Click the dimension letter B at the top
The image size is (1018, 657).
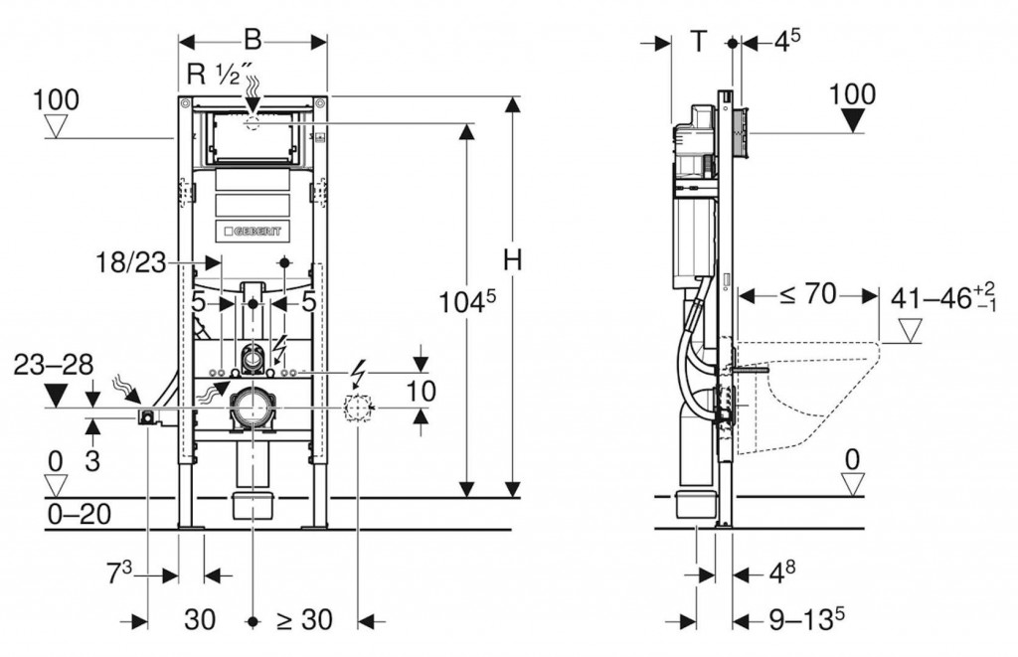click(x=254, y=40)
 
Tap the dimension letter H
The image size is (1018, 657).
click(x=512, y=261)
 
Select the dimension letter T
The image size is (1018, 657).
click(x=700, y=42)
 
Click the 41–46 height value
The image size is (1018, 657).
click(x=935, y=296)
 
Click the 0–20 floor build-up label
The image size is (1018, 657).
click(x=79, y=514)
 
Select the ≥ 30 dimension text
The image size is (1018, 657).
click(x=304, y=619)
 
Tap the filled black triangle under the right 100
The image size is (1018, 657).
click(x=853, y=120)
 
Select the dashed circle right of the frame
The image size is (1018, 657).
click(x=357, y=407)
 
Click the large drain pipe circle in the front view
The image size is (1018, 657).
click(x=254, y=408)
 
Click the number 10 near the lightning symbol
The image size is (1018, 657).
click(x=422, y=392)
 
